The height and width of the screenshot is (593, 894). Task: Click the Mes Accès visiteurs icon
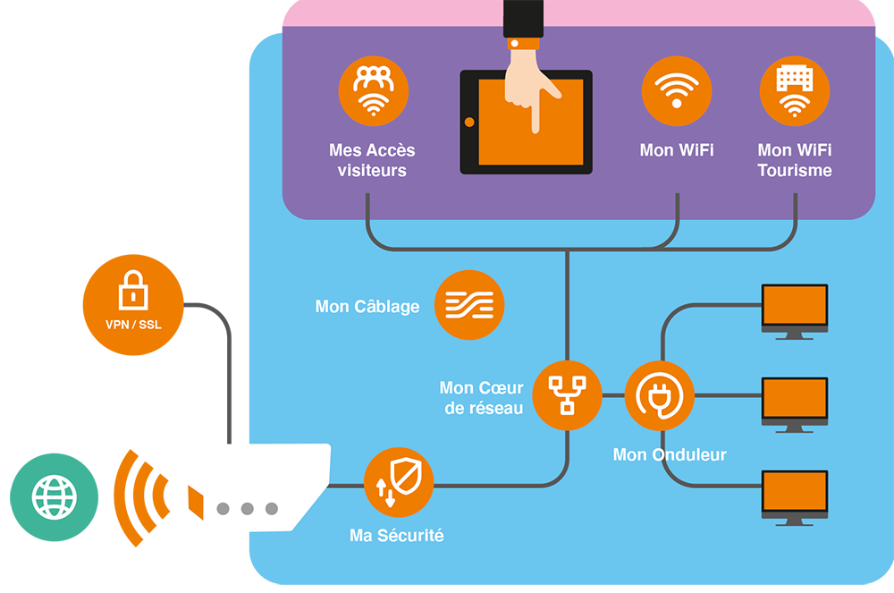pyautogui.click(x=373, y=91)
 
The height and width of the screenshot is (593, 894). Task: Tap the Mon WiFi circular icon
pyautogui.click(x=677, y=91)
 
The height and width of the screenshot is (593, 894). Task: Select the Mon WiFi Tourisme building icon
pyautogui.click(x=794, y=91)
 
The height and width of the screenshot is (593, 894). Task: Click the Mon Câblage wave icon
pyautogui.click(x=469, y=306)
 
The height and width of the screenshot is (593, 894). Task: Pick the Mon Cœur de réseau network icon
pyautogui.click(x=567, y=395)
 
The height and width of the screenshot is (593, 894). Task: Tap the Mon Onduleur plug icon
pyautogui.click(x=659, y=395)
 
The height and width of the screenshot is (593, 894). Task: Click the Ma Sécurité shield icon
pyautogui.click(x=398, y=482)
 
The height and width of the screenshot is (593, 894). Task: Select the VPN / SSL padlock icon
pyautogui.click(x=131, y=300)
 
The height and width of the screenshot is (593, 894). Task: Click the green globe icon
pyautogui.click(x=55, y=498)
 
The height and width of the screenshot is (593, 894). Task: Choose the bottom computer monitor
pyautogui.click(x=794, y=494)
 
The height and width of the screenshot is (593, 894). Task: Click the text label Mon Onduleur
pyautogui.click(x=669, y=455)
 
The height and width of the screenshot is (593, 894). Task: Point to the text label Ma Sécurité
pyautogui.click(x=396, y=536)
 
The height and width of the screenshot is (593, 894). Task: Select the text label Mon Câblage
pyautogui.click(x=367, y=307)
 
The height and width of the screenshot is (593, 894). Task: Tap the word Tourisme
pyautogui.click(x=794, y=170)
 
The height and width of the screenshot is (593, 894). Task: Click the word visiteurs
pyautogui.click(x=372, y=170)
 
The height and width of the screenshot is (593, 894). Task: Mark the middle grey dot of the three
pyautogui.click(x=247, y=509)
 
